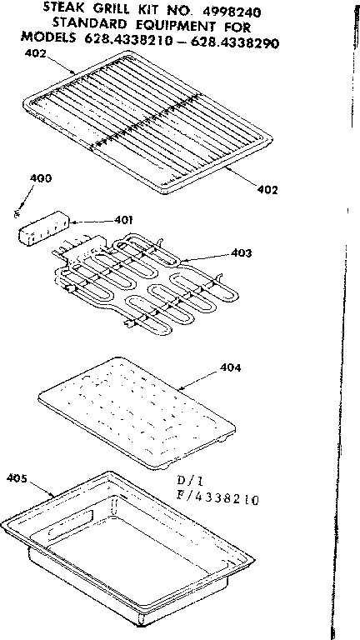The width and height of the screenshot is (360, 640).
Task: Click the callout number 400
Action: (x=39, y=178)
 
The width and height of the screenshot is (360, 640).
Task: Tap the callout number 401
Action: (x=123, y=220)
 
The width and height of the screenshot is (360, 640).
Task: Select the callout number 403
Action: (x=242, y=252)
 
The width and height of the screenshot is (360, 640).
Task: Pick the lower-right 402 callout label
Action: (x=267, y=189)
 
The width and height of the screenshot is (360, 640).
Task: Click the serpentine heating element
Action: (x=150, y=279)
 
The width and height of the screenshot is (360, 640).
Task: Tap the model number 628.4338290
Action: (x=255, y=41)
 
